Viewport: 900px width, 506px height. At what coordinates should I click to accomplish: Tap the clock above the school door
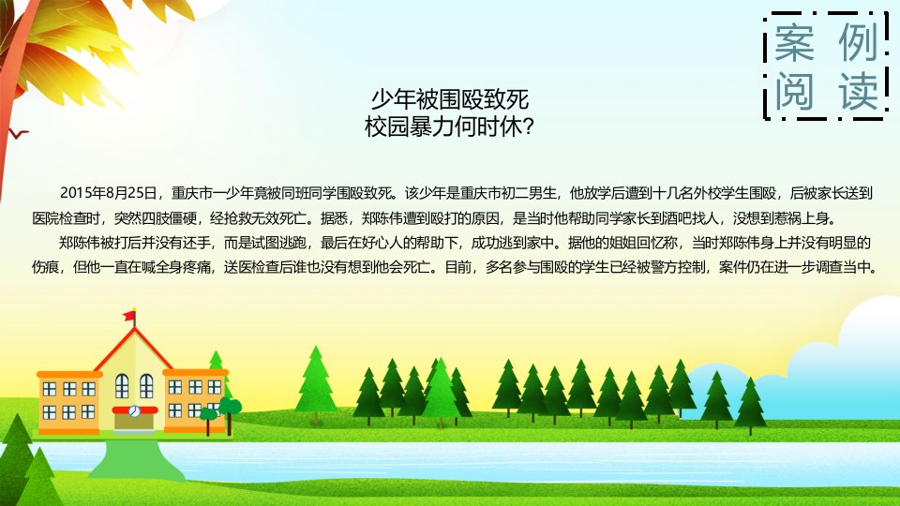[134, 410]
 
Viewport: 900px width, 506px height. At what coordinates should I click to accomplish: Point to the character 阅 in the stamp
[794, 91]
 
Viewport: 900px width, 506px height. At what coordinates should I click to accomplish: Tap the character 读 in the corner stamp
[858, 91]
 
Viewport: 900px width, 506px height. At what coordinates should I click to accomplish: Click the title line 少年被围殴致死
[449, 100]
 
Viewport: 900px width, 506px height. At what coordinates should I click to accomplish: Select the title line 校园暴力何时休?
[449, 126]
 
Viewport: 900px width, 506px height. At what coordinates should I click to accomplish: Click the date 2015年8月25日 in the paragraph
[109, 193]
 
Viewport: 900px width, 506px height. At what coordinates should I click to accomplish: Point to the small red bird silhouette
[19, 134]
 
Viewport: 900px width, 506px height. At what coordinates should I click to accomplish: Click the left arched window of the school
[122, 386]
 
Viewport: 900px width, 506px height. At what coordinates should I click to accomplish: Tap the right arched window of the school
[146, 386]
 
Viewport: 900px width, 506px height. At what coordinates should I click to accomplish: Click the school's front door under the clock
[134, 423]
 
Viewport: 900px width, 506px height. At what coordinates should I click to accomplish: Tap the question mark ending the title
[529, 127]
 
